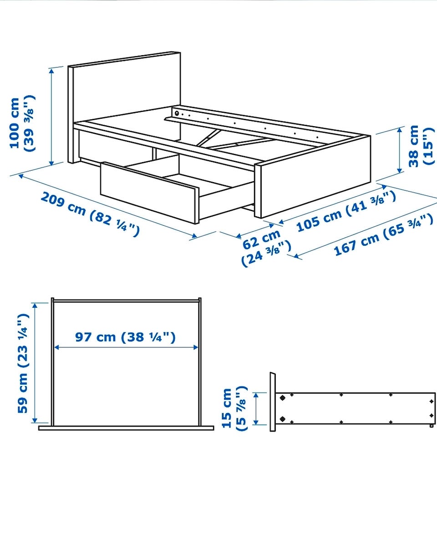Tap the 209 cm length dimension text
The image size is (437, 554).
coord(90,214)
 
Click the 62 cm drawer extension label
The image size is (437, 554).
coord(266,249)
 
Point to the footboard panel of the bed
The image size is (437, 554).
coord(313,177)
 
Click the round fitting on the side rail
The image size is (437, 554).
coord(177,113)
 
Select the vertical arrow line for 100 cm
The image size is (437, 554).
coord(51,117)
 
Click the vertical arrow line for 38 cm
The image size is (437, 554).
coord(399,151)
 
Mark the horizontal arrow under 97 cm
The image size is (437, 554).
coord(126,347)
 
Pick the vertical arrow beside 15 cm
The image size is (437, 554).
coord(256,408)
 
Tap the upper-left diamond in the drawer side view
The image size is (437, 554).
coord(283,398)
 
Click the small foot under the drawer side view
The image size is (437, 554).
coord(432,426)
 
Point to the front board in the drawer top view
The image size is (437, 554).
coord(126,428)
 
